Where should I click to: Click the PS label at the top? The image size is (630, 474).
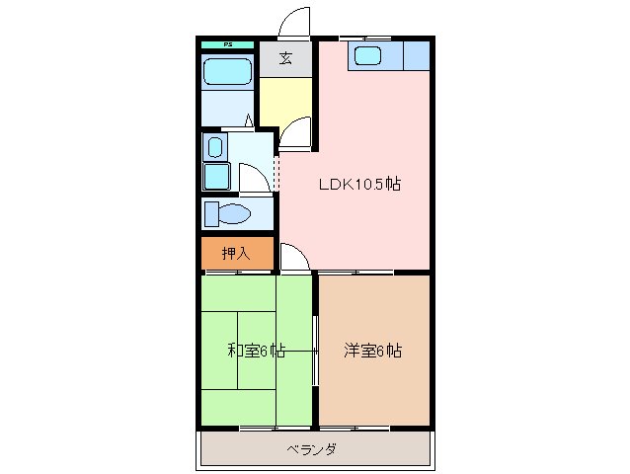coord(227,44)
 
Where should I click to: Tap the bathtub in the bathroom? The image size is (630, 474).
coord(227,71)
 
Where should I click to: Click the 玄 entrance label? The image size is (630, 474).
coord(285,58)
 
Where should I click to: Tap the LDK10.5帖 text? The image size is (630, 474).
coord(358,184)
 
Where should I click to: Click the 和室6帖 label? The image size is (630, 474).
coord(257,351)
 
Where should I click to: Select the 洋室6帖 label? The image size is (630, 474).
coord(373,351)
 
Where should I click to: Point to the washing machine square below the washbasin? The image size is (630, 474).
coord(215,176)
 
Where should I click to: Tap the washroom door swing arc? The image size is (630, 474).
coord(253,177)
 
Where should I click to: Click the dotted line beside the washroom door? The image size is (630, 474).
coord(276,172)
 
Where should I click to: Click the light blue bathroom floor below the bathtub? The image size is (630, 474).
coord(226,107)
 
